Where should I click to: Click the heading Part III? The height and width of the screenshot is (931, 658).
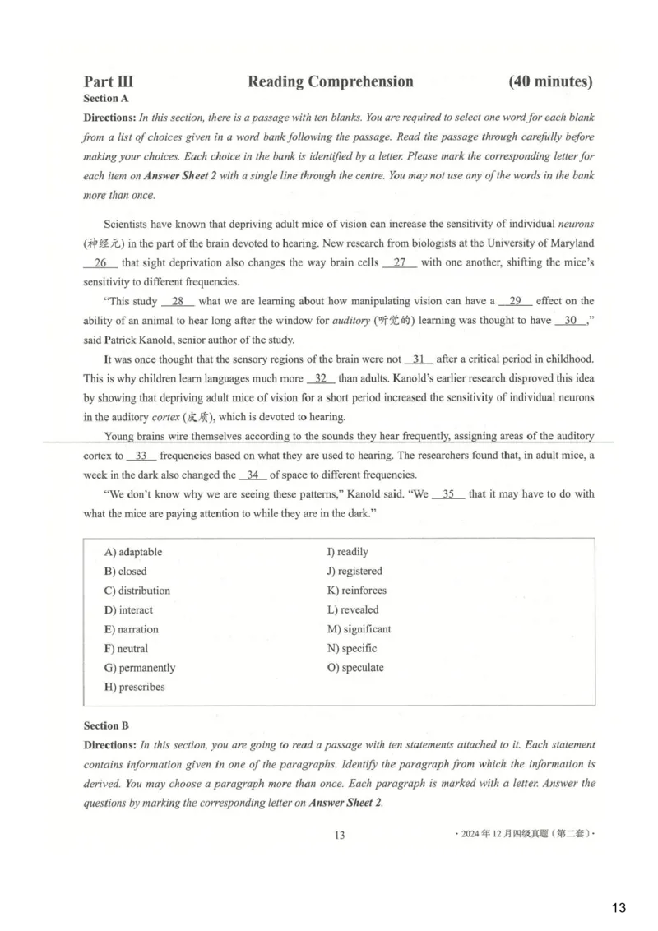tap(109, 81)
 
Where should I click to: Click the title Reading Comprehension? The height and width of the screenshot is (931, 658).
tap(330, 81)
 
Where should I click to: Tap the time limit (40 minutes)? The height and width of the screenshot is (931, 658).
tap(550, 81)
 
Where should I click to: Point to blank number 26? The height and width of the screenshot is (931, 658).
tap(101, 262)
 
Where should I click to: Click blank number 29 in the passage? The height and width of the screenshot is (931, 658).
tap(516, 301)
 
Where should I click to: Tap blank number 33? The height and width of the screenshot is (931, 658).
tap(141, 456)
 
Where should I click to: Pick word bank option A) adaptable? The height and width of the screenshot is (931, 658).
tap(133, 552)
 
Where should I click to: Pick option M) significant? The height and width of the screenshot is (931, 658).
tap(359, 629)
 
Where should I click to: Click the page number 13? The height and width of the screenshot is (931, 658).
tap(340, 836)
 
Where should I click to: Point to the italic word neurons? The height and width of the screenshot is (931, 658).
tap(576, 224)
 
